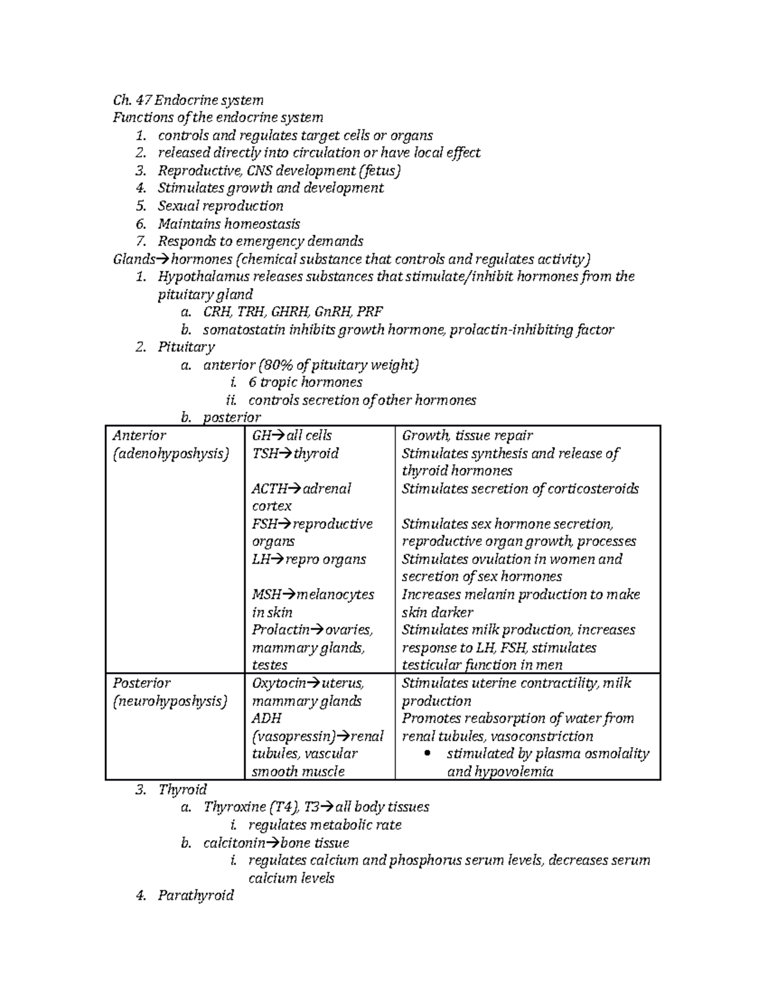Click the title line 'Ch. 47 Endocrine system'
(x=188, y=100)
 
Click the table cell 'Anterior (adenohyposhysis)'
(x=170, y=444)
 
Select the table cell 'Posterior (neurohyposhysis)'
(x=170, y=692)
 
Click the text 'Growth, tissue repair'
(x=467, y=435)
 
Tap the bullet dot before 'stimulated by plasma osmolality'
(x=428, y=754)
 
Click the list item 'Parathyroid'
(x=196, y=895)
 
